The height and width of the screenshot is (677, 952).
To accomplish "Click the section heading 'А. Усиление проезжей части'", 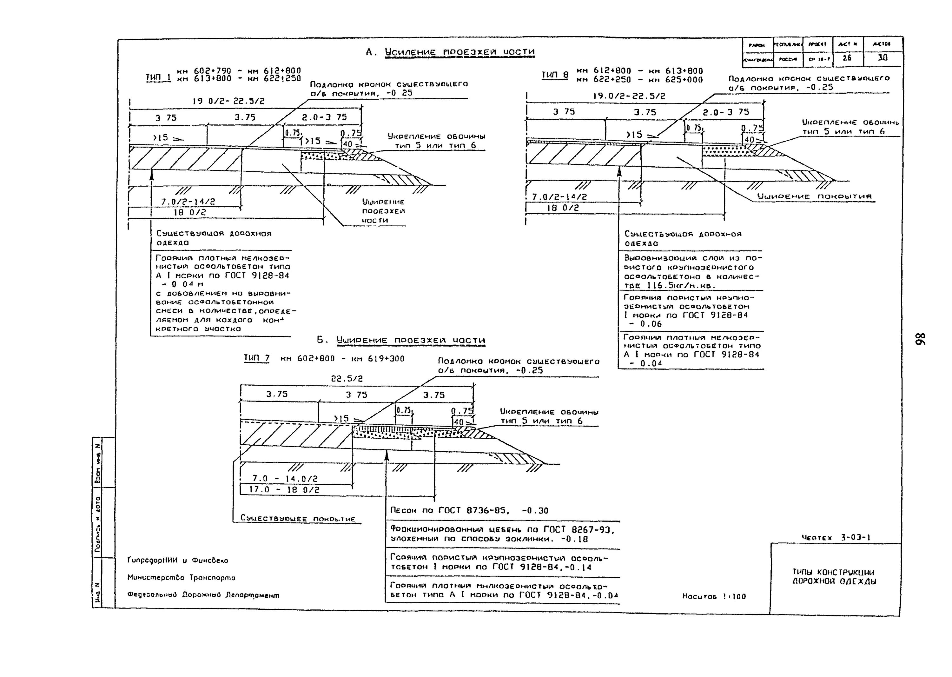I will point(450,52).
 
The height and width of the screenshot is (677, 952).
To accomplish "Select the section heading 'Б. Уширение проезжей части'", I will point(401,340).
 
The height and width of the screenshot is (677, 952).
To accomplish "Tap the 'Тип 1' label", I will point(158,77).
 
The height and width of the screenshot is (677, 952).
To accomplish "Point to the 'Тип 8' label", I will point(555,75).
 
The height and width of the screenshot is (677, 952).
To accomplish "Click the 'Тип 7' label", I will point(256,358).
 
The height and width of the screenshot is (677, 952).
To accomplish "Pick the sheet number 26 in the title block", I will point(847,58).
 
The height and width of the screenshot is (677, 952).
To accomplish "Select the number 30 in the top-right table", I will point(883,58).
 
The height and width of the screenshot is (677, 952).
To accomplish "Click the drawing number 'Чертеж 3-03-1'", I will point(836,537).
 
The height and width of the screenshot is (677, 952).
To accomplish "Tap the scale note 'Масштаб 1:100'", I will point(714,597).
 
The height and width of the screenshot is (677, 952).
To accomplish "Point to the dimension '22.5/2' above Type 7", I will point(347,379).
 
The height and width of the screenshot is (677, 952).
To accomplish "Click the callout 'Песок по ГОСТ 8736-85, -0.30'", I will point(469,511).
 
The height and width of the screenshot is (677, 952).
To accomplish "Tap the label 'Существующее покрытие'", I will point(298,519).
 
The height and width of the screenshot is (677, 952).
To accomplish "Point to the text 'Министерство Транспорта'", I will point(181,578).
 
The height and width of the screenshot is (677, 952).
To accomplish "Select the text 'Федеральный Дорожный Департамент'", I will point(203,595).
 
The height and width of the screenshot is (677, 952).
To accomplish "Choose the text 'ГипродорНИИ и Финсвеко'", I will point(178,560).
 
